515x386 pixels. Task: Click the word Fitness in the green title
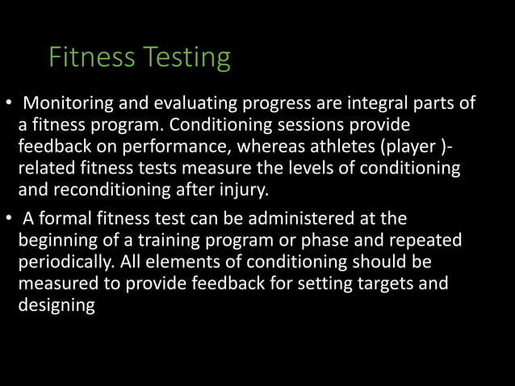point(91,58)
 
